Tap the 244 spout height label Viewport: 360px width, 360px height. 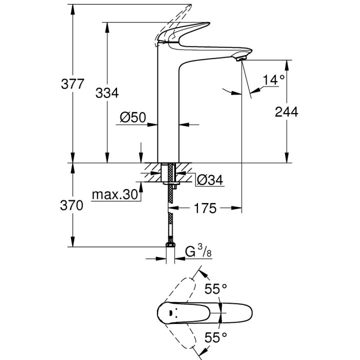pyautogui.click(x=286, y=112)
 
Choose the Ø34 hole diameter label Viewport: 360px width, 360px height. pyautogui.click(x=209, y=179)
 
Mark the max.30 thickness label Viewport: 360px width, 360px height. pyautogui.click(x=114, y=195)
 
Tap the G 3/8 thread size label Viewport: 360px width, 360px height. pyautogui.click(x=196, y=252)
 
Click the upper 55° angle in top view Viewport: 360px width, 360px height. pyautogui.click(x=216, y=288)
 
